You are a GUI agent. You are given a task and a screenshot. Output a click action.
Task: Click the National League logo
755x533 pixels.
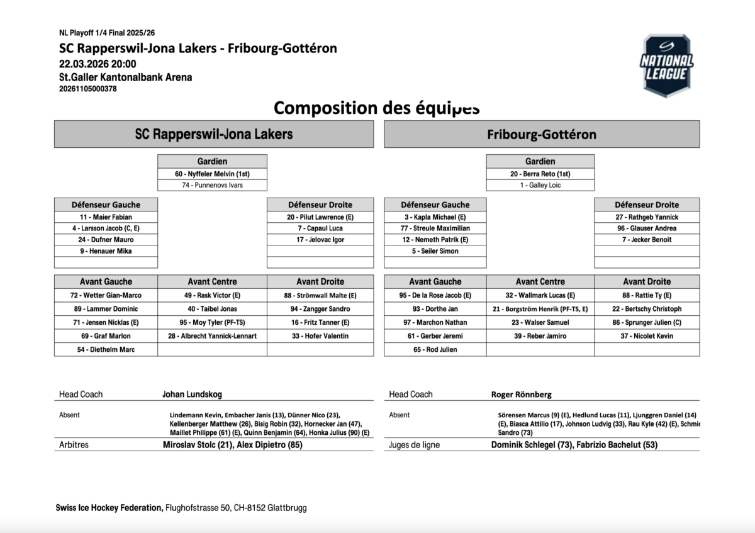[666, 65]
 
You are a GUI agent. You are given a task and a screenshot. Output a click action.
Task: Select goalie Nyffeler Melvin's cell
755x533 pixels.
[212, 174]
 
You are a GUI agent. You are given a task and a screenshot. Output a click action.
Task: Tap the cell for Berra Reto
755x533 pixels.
[540, 174]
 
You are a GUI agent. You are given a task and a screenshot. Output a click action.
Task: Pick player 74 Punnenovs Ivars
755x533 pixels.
[212, 186]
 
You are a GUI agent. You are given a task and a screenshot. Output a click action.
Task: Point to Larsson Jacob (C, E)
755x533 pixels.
[106, 228]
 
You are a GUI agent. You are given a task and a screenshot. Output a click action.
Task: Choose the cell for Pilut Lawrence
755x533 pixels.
[320, 217]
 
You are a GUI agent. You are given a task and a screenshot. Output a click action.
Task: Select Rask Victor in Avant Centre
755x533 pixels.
[212, 295]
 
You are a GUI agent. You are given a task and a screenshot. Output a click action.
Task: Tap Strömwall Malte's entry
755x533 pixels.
[320, 295]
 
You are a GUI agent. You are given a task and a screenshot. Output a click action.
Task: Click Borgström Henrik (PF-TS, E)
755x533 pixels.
[540, 309]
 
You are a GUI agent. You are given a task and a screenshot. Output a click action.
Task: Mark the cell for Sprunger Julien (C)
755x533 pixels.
[647, 322]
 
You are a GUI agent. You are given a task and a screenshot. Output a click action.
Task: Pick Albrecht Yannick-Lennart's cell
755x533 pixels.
[212, 336]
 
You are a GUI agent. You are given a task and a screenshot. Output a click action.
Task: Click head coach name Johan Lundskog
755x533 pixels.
[192, 395]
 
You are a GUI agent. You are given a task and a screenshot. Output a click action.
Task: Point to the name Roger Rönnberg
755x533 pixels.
[521, 395]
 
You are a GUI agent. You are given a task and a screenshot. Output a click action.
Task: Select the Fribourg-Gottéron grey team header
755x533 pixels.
[541, 135]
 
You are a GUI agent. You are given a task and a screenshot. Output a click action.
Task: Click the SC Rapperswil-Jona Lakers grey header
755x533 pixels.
[213, 135]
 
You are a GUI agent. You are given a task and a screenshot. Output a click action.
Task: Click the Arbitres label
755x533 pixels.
[74, 445]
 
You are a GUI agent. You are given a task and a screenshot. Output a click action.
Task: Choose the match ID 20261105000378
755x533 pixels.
[88, 89]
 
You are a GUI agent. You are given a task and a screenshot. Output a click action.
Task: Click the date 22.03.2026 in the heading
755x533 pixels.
[79, 64]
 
